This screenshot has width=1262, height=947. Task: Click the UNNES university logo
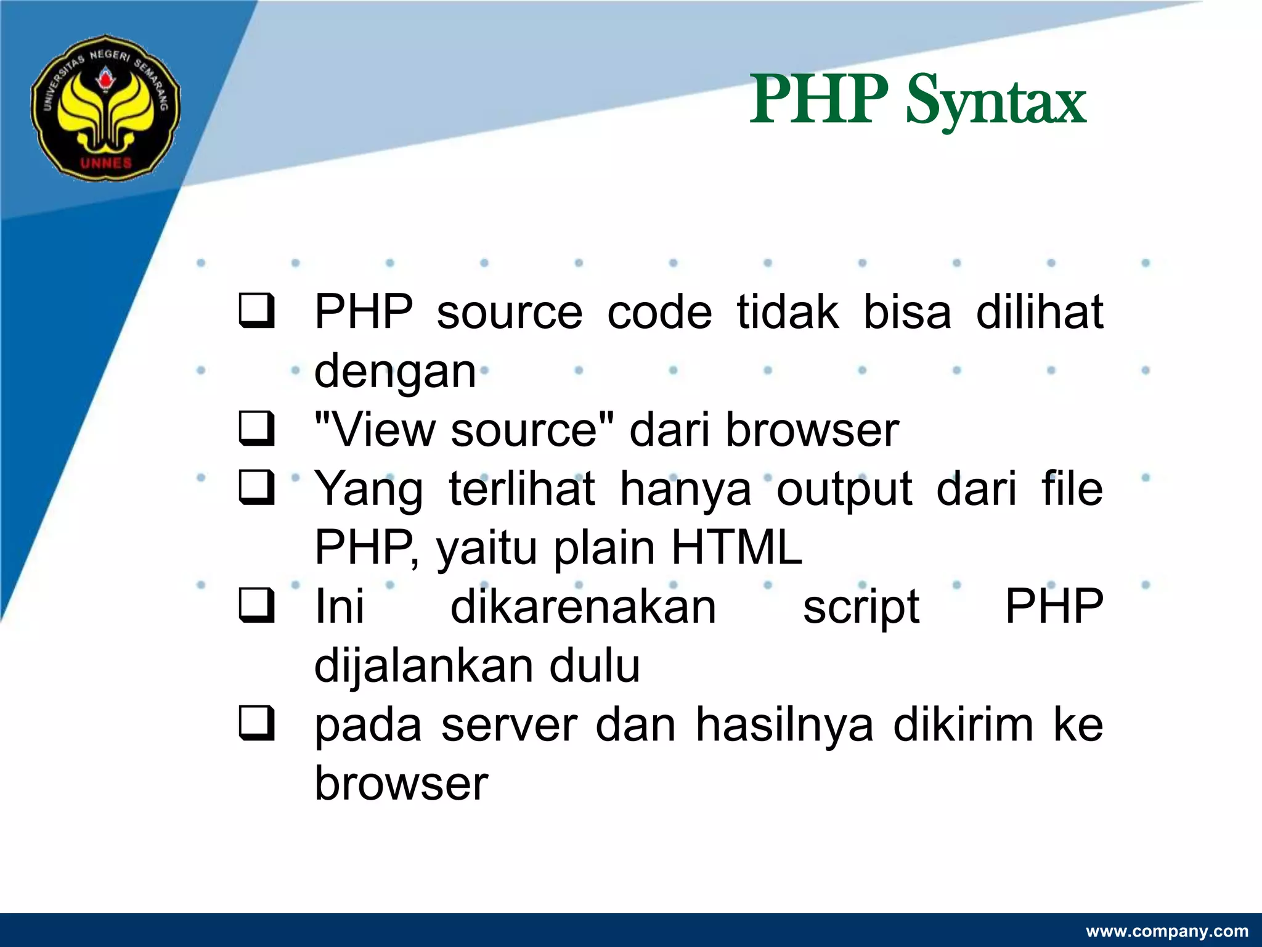point(105,108)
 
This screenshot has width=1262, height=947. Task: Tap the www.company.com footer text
point(1166,931)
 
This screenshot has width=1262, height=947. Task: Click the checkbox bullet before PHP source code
point(256,312)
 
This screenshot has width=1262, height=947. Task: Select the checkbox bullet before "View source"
point(256,430)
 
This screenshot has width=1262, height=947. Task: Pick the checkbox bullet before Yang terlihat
point(256,489)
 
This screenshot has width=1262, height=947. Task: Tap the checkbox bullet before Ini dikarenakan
point(256,607)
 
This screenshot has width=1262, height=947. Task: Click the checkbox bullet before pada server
point(256,724)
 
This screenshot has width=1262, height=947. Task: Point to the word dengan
point(395,371)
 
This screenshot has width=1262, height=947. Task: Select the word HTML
point(736,547)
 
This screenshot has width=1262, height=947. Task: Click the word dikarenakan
point(583,607)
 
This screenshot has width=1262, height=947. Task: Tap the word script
point(861,608)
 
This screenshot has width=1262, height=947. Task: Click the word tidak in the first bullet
point(787,312)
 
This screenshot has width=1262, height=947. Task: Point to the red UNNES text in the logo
point(106,163)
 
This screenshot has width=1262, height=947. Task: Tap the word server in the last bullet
point(509,726)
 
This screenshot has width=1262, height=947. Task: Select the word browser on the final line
point(401,784)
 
